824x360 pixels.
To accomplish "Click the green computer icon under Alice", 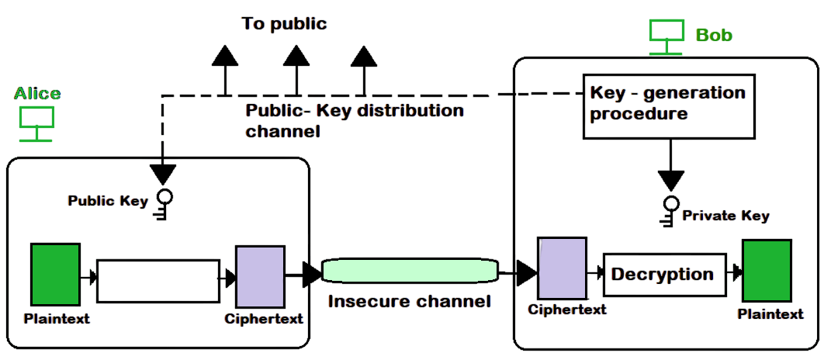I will (36, 123).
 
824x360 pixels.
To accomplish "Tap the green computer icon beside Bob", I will (666, 36).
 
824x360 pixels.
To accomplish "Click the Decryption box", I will (664, 274).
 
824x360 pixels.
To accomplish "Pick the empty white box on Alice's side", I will (158, 281).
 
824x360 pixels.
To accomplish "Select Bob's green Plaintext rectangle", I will (767, 271).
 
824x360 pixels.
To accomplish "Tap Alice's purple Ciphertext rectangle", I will (260, 277).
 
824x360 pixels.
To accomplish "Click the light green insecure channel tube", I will (409, 272).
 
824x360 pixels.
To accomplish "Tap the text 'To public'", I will (284, 24).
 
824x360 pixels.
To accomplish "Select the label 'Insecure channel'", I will (409, 301).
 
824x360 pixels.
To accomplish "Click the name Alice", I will (37, 94).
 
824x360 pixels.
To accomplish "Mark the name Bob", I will (714, 35).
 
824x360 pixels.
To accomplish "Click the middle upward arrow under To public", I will (295, 57).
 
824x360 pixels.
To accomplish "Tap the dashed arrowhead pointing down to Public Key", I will (163, 173).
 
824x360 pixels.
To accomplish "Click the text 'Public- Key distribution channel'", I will (353, 120).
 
